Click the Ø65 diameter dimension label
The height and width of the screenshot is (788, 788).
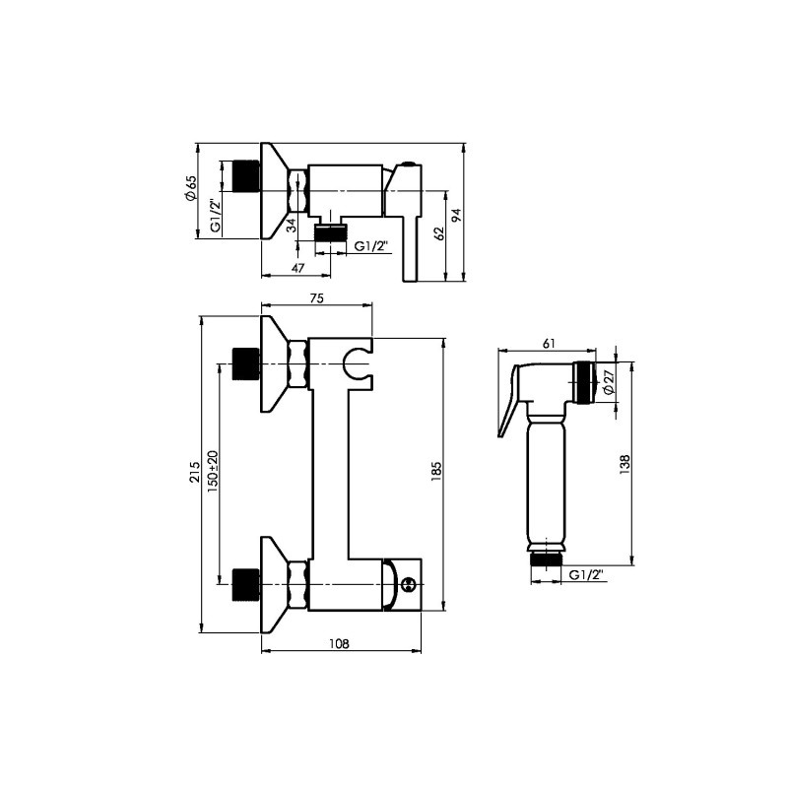tap(190, 188)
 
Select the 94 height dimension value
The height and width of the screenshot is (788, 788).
tap(456, 216)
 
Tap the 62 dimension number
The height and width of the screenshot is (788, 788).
tap(439, 233)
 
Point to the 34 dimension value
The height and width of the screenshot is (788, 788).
tap(291, 225)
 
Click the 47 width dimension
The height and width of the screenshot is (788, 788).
tap(298, 268)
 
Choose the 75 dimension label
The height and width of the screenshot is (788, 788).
tap(316, 298)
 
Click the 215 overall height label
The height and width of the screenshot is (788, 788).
tap(194, 473)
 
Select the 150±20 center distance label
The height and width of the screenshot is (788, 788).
tap(212, 471)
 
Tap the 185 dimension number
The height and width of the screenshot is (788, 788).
tap(435, 472)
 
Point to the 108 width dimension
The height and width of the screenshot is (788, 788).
tap(339, 643)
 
